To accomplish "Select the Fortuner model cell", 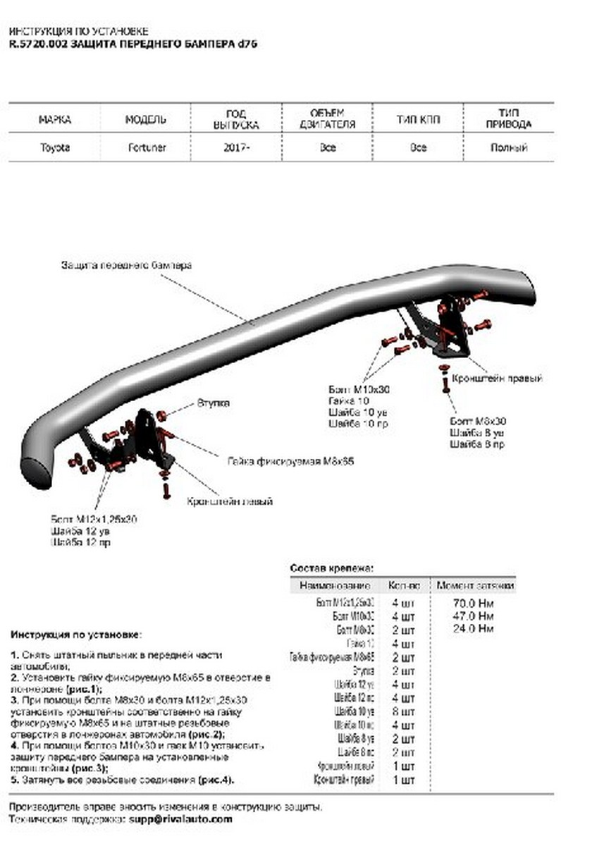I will (147, 148).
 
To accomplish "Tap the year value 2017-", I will (235, 148).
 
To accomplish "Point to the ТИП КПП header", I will (418, 120).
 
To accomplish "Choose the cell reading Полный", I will (510, 148).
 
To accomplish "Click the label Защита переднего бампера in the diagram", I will (125, 266).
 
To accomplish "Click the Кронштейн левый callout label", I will (230, 501).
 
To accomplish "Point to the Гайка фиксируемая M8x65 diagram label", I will (289, 462).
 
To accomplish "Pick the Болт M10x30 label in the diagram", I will (359, 389).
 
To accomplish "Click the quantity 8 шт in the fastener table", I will (403, 711).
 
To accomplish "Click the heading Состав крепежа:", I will (331, 568).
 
